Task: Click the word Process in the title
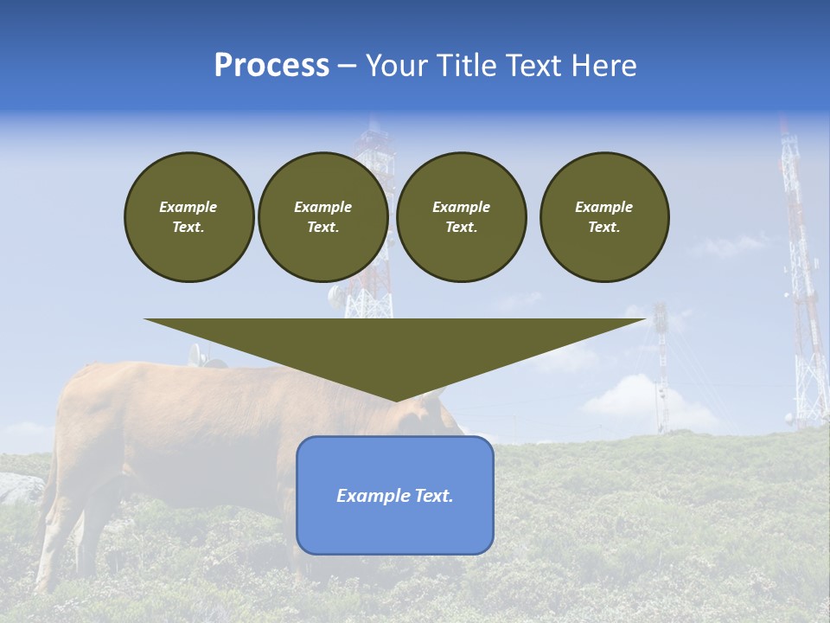pos(271,66)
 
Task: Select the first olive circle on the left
pos(188,217)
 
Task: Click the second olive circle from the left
pos(322,217)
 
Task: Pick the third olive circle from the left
pos(461,217)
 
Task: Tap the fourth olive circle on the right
pos(604,217)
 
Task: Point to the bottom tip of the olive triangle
pos(396,400)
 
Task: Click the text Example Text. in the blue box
pos(394,496)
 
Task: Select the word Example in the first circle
pos(188,207)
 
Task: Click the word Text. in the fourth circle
pos(604,228)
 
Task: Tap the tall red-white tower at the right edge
pos(802,286)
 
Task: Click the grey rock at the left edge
pos(17,489)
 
